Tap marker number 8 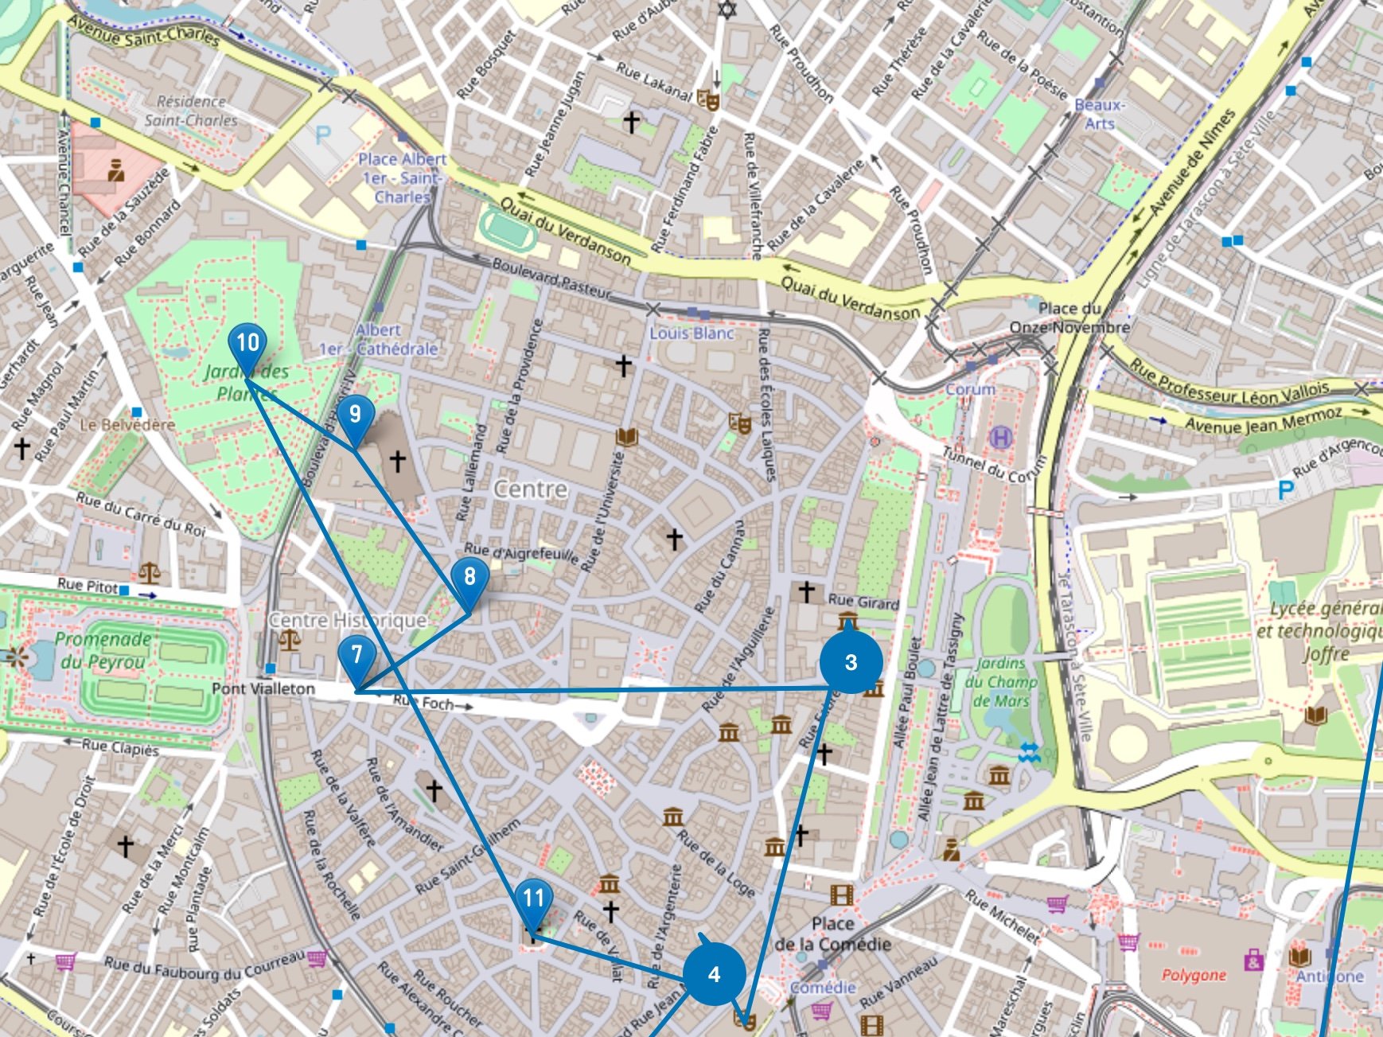[469, 578]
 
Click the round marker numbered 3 [851, 662]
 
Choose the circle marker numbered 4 [714, 974]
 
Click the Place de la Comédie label [832, 934]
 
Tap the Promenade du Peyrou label [103, 650]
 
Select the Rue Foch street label [426, 703]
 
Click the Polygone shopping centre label [1194, 975]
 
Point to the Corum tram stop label [970, 389]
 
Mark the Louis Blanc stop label [691, 333]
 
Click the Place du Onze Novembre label [1069, 318]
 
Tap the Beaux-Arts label [1099, 114]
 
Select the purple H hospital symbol [1000, 437]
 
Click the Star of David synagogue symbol [726, 10]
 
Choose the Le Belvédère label [127, 425]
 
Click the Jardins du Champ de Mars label [1001, 682]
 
